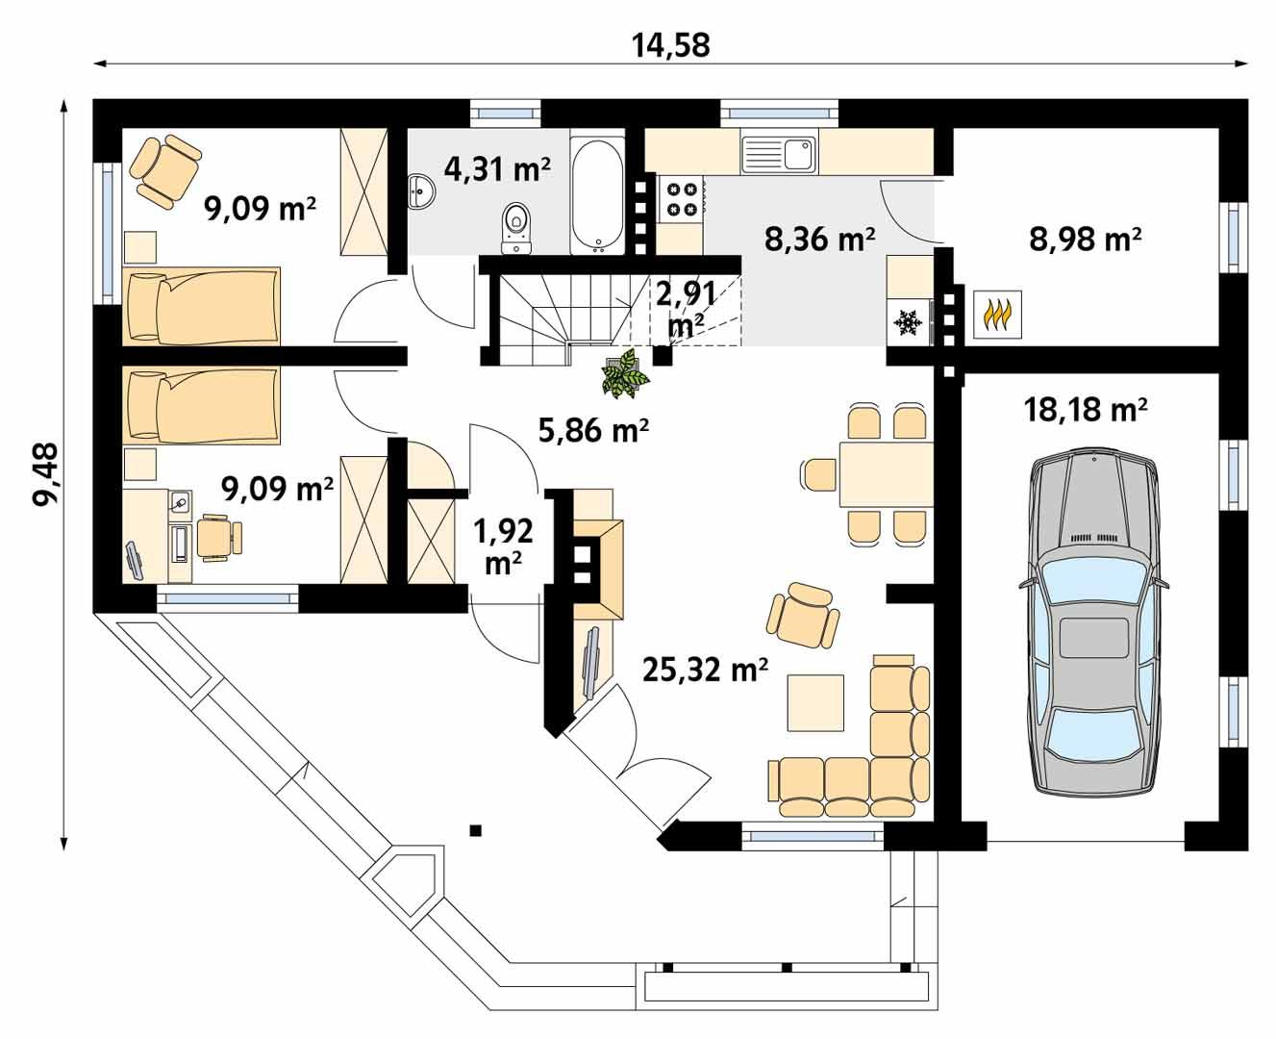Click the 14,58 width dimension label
670,44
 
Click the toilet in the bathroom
517,229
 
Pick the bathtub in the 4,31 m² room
597,196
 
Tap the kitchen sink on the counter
779,153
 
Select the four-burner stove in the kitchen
682,198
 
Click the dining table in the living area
886,473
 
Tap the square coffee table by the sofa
815,702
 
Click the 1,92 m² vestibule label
503,545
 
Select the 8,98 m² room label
1085,239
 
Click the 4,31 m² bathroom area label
497,169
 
